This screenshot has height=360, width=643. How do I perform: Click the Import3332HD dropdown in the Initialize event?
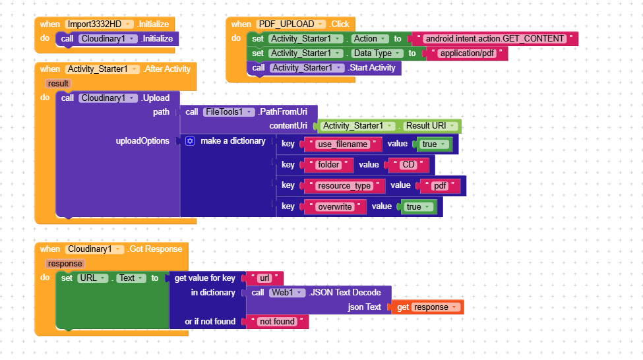100,24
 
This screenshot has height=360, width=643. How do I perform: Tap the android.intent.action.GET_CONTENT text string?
494,38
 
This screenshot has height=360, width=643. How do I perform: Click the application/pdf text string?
464,53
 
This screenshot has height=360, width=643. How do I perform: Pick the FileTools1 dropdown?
228,111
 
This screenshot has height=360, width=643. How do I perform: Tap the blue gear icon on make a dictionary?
191,141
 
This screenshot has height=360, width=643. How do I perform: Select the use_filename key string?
342,144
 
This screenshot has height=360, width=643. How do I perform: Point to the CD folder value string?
409,165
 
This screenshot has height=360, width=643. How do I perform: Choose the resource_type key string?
344,186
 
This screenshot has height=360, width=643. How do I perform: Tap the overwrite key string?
334,206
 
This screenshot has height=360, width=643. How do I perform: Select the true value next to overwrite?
418,206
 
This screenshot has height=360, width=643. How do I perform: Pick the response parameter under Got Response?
65,263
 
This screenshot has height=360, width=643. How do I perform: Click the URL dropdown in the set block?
92,278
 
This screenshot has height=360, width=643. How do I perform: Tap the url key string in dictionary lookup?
264,278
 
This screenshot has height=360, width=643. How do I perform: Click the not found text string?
276,322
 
